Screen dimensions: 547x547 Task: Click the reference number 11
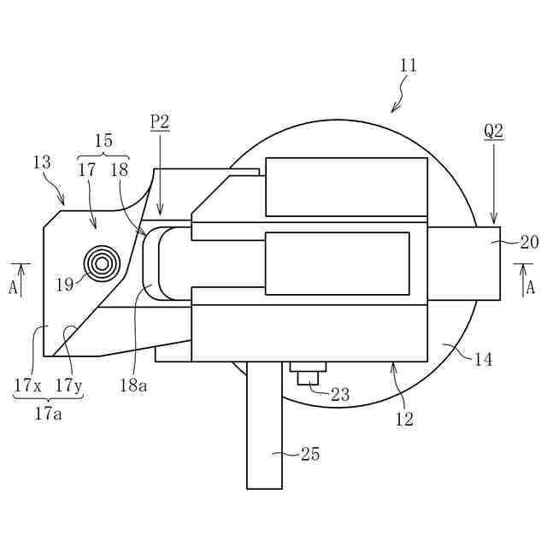(x=408, y=65)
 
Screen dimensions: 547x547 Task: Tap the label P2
(x=160, y=121)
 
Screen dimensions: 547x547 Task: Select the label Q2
(x=494, y=131)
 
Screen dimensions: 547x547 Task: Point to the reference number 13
(x=42, y=162)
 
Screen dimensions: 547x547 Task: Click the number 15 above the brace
(x=103, y=140)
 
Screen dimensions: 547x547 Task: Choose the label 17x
(x=28, y=385)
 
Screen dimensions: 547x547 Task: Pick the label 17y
(x=68, y=385)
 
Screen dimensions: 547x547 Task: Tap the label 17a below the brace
(x=48, y=414)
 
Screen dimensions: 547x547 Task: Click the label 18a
(x=133, y=385)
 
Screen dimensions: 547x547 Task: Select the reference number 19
(x=65, y=285)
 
